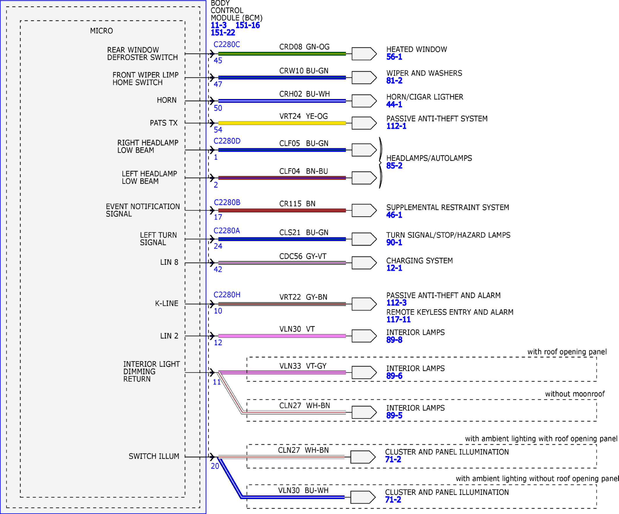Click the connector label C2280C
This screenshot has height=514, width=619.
227,44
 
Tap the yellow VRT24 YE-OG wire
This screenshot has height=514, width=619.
282,123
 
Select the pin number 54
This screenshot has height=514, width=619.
218,130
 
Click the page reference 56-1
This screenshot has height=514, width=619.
394,57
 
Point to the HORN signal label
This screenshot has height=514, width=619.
167,100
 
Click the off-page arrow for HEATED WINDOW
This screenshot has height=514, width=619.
364,54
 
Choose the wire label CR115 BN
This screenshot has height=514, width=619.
297,204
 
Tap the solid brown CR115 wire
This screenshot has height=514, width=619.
282,210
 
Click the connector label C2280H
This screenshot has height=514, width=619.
227,295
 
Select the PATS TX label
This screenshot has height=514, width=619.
164,123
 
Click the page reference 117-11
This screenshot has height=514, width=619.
398,320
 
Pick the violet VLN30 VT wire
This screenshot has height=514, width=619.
282,336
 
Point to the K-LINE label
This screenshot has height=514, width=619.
167,304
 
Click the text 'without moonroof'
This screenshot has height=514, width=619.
575,394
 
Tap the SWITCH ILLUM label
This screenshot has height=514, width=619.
154,456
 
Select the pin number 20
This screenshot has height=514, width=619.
215,466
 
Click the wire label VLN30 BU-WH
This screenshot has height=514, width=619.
303,490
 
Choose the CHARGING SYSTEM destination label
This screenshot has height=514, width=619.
419,261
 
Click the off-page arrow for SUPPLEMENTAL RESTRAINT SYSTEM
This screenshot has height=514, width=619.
364,210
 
